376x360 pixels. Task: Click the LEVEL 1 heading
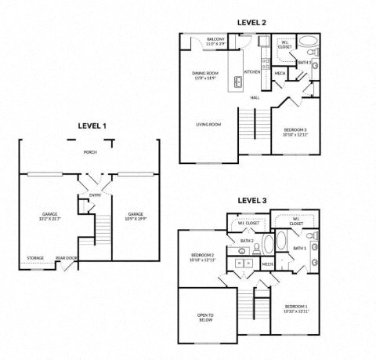[x=92, y=125]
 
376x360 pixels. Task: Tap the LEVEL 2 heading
[x=251, y=23]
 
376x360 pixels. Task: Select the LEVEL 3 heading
[x=251, y=202]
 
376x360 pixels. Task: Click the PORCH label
[x=91, y=152]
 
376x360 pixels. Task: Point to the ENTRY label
[x=95, y=195]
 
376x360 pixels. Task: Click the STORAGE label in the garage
[x=35, y=257]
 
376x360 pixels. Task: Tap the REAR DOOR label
[x=65, y=257]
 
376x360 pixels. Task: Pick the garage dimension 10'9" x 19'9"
[x=136, y=217]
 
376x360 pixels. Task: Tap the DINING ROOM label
[x=205, y=75]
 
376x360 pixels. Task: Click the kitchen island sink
[x=236, y=81]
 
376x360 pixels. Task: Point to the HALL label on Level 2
[x=255, y=97]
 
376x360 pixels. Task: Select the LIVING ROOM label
[x=209, y=124]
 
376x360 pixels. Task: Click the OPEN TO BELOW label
[x=206, y=317]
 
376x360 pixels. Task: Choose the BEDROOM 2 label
[x=202, y=257]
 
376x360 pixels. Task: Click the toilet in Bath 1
[x=310, y=235]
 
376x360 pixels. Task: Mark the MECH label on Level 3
[x=268, y=264]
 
